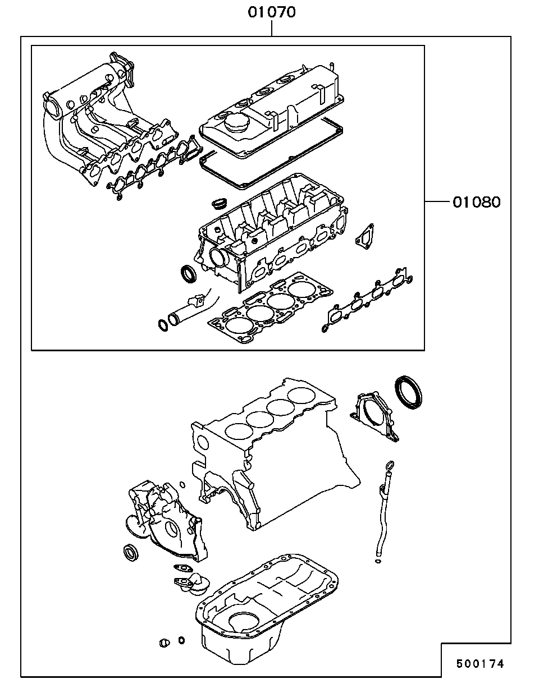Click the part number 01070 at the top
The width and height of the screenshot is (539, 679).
[x=272, y=12]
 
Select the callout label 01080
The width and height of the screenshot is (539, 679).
[x=477, y=202]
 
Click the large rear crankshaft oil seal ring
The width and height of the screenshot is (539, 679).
[x=409, y=392]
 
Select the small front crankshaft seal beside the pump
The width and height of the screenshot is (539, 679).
[x=131, y=553]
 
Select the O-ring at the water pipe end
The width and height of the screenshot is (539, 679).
[x=163, y=325]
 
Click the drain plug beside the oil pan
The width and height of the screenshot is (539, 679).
[x=164, y=642]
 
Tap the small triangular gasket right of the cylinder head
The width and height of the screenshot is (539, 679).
[x=365, y=237]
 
